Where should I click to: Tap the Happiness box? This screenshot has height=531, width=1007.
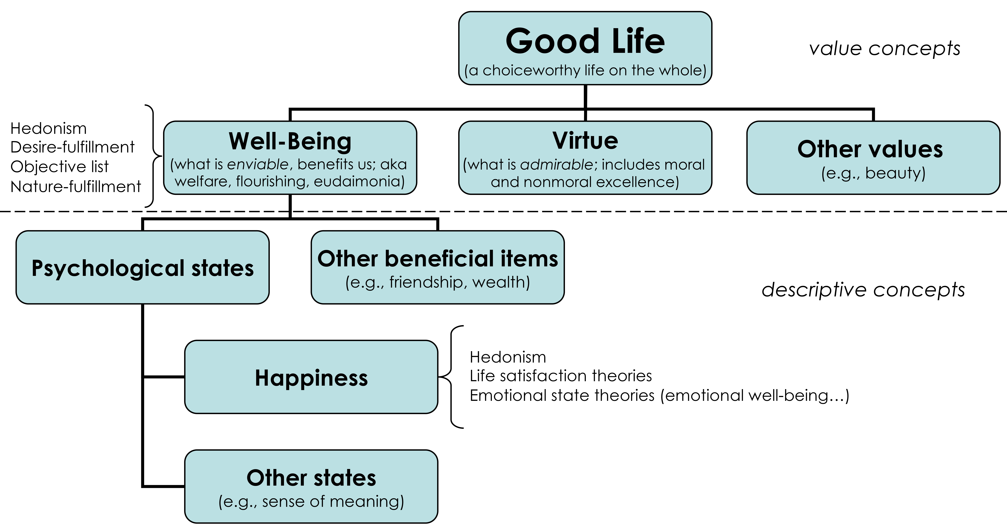311,377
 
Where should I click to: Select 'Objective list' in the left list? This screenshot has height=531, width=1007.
59,167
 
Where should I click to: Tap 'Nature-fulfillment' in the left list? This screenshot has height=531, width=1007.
75,186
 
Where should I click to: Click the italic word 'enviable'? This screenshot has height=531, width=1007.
258,164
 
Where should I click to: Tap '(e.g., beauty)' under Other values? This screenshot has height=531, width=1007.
873,173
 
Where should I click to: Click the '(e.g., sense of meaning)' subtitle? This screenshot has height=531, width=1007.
311,501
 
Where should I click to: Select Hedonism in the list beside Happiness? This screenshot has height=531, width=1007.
508,357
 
